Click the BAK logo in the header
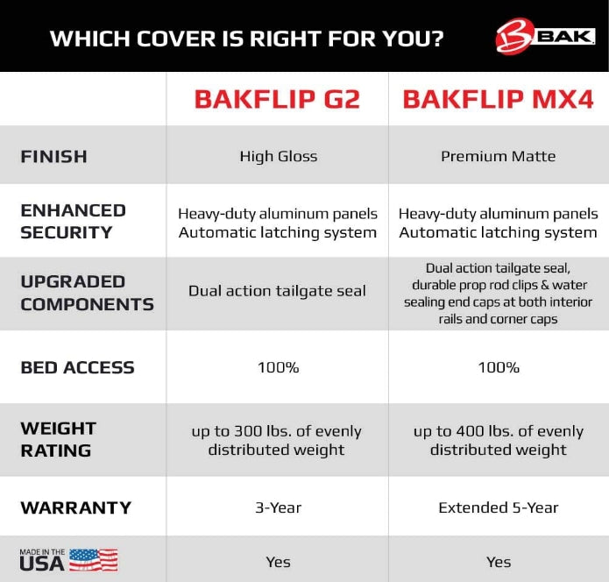click(x=545, y=37)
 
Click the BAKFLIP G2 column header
click(x=277, y=99)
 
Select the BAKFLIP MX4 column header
click(x=498, y=99)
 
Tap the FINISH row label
click(x=53, y=157)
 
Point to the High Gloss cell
click(x=278, y=157)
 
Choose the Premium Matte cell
click(x=498, y=157)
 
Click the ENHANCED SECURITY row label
click(x=73, y=221)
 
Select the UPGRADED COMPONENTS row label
click(x=87, y=293)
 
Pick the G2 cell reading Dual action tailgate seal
click(x=277, y=291)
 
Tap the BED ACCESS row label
click(x=77, y=367)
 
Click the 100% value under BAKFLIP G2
click(x=278, y=367)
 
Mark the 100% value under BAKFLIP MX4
click(x=498, y=367)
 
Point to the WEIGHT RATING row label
click(x=58, y=439)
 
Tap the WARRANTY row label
click(x=75, y=507)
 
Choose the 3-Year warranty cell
click(x=278, y=507)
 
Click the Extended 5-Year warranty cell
click(x=498, y=507)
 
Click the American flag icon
click(x=93, y=560)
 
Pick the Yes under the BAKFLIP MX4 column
click(x=498, y=562)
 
